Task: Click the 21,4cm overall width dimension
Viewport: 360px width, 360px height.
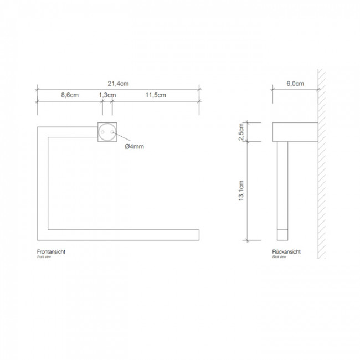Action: click(118, 84)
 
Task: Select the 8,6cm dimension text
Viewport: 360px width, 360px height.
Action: click(69, 95)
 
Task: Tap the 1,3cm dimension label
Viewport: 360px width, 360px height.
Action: click(107, 95)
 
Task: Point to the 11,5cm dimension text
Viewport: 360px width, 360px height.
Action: click(156, 95)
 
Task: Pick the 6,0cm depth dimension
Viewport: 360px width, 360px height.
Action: click(295, 84)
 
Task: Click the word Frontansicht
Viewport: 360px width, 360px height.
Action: click(50, 251)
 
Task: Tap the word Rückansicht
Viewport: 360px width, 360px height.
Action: click(286, 251)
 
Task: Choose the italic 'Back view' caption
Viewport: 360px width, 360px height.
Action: click(279, 258)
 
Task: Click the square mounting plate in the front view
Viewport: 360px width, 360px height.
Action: click(107, 131)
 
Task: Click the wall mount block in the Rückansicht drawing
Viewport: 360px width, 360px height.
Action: click(295, 132)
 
